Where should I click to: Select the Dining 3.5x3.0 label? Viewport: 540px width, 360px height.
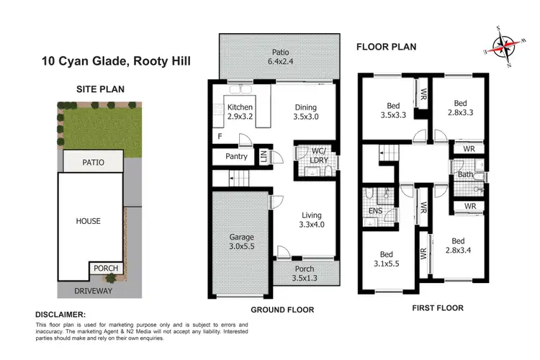305,112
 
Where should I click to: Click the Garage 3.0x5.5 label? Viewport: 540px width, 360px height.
240,241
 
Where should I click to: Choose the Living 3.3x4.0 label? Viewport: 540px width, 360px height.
312,220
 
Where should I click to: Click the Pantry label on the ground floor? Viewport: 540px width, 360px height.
236,156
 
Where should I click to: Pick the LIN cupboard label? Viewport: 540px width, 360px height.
264,156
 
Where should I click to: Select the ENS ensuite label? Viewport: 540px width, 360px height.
375,211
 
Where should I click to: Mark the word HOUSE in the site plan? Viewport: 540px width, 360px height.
89,221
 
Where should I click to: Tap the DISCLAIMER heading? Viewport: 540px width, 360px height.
60,315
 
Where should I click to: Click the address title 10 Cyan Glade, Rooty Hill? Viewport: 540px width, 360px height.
116,61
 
